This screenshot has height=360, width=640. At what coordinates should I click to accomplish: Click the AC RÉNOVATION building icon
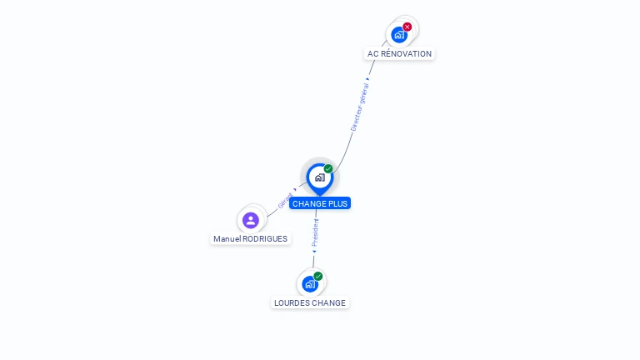(x=399, y=35)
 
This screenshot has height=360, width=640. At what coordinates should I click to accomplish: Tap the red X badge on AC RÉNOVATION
(x=407, y=27)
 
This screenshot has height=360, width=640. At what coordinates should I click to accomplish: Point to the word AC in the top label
(x=373, y=54)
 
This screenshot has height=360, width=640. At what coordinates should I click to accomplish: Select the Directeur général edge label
(x=360, y=107)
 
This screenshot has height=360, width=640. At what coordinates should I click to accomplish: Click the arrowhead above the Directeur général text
(x=367, y=79)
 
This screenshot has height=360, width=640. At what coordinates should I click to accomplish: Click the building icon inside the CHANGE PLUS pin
(x=319, y=177)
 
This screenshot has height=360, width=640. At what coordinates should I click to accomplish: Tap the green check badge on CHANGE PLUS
(x=328, y=169)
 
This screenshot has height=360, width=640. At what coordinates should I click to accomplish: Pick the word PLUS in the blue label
(x=337, y=203)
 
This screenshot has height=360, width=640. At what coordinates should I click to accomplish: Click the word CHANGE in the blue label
(x=309, y=203)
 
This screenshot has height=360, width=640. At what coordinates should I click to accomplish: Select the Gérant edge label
(x=285, y=201)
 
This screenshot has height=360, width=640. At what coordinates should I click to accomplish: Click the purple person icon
(x=251, y=220)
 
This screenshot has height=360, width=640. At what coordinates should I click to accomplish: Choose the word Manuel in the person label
(x=227, y=239)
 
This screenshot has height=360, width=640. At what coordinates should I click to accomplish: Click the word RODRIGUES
(x=264, y=239)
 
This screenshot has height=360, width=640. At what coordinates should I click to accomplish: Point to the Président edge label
(x=315, y=232)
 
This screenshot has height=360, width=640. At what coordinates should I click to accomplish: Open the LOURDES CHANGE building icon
(x=310, y=284)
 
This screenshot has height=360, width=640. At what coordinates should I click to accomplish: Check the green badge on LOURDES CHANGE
(x=318, y=277)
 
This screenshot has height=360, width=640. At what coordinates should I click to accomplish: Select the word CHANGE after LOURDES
(x=330, y=303)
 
